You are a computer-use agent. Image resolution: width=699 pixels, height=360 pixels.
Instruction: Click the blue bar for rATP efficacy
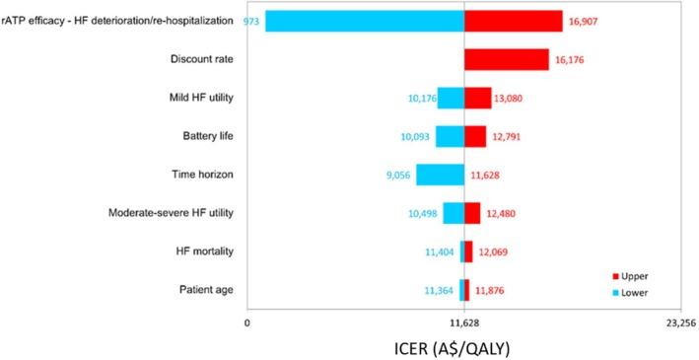pyautogui.click(x=364, y=21)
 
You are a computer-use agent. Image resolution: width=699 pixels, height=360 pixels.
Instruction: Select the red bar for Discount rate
pyautogui.click(x=506, y=59)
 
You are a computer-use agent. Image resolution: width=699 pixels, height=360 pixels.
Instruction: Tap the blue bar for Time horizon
pyautogui.click(x=440, y=175)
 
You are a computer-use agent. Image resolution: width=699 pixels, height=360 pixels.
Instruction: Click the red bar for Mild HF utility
pyautogui.click(x=477, y=98)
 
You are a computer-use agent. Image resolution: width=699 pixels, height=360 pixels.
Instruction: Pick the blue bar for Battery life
pyautogui.click(x=450, y=136)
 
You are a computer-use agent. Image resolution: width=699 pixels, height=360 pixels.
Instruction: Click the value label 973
pyautogui.click(x=251, y=21)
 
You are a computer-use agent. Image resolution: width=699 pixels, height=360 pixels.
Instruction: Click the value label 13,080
pyautogui.click(x=516, y=98)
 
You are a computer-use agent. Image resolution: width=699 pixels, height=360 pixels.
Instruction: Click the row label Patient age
pyautogui.click(x=206, y=290)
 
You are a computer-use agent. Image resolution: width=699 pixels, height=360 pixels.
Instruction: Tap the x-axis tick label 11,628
pyautogui.click(x=464, y=323)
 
